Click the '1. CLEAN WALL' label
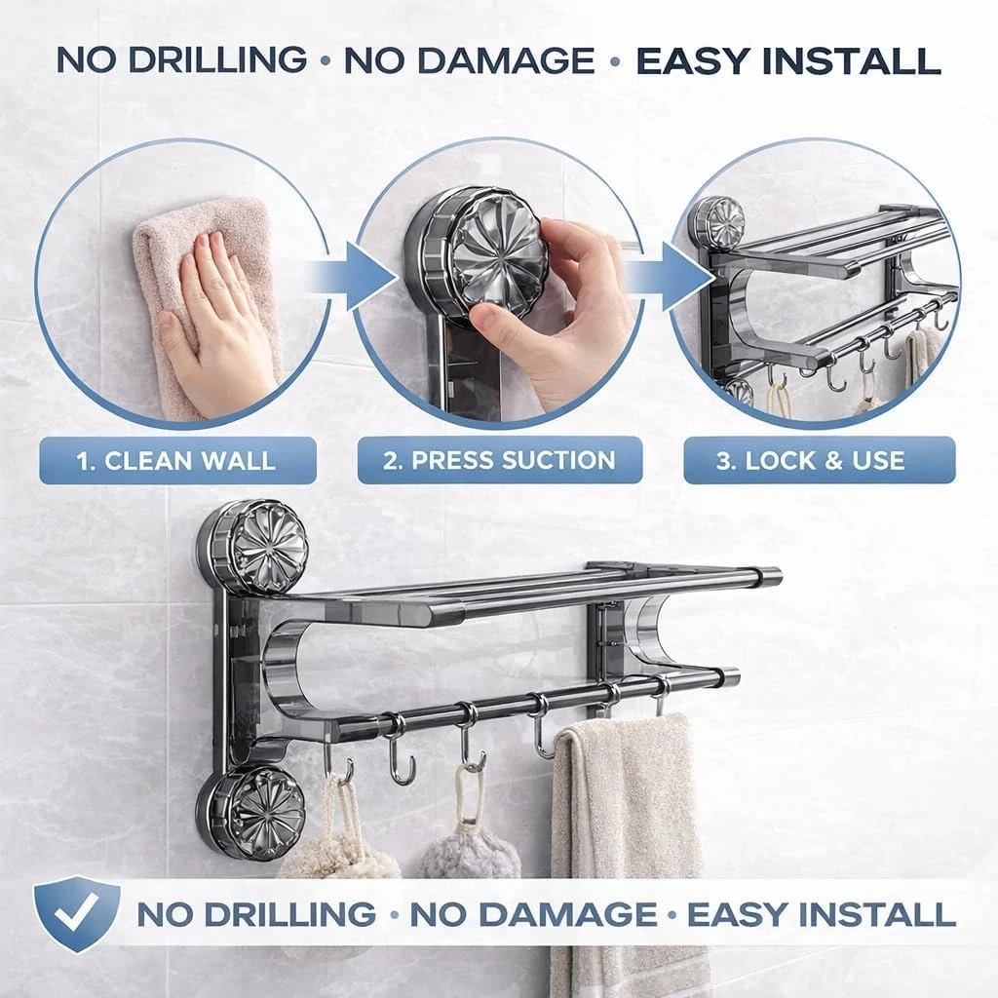[177, 461]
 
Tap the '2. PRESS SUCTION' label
[500, 460]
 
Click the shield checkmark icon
[76, 913]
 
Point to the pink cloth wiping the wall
[211, 305]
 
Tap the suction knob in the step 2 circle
[476, 252]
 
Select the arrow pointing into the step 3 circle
[674, 278]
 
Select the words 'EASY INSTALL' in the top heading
[788, 61]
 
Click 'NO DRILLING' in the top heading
[182, 59]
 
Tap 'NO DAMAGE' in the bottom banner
[533, 914]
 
